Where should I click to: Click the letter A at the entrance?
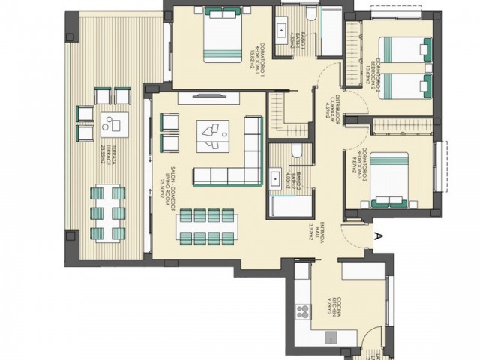point(379,235)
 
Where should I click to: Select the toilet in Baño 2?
point(296,151)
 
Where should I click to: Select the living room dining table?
point(208,226)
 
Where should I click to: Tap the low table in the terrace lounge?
point(113,121)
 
